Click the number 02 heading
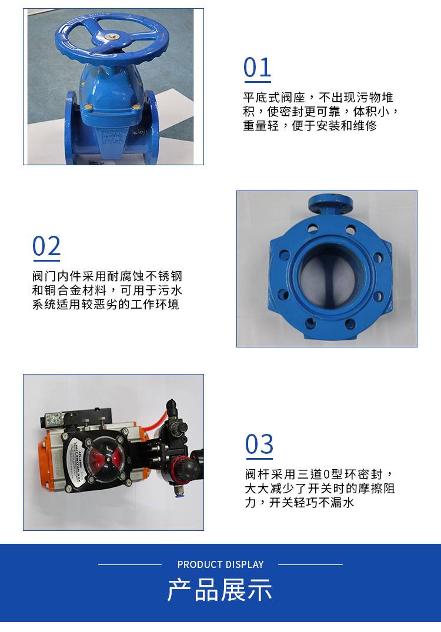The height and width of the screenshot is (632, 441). [x=46, y=246]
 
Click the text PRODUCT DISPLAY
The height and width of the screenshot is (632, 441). [x=220, y=564]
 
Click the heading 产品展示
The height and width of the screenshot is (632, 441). [x=220, y=590]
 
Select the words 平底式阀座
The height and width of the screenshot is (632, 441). [x=273, y=98]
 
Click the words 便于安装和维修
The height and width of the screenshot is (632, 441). [x=334, y=126]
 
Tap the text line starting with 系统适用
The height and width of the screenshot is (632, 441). [x=106, y=305]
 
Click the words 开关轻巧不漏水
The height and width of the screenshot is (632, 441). [x=312, y=503]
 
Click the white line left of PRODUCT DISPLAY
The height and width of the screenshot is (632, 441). [x=130, y=565]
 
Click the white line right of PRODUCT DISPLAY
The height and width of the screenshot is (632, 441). [x=310, y=565]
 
